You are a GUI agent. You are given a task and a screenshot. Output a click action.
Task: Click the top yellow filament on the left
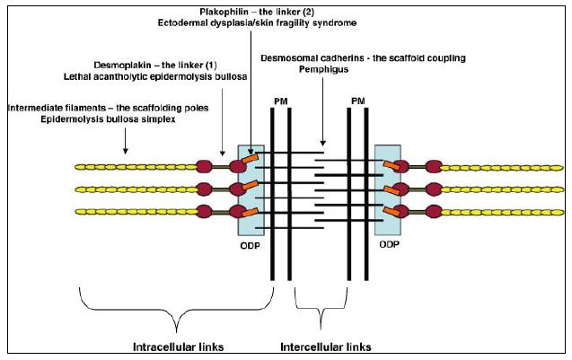click(x=135, y=167)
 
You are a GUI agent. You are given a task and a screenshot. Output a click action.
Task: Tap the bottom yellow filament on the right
click(x=503, y=212)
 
